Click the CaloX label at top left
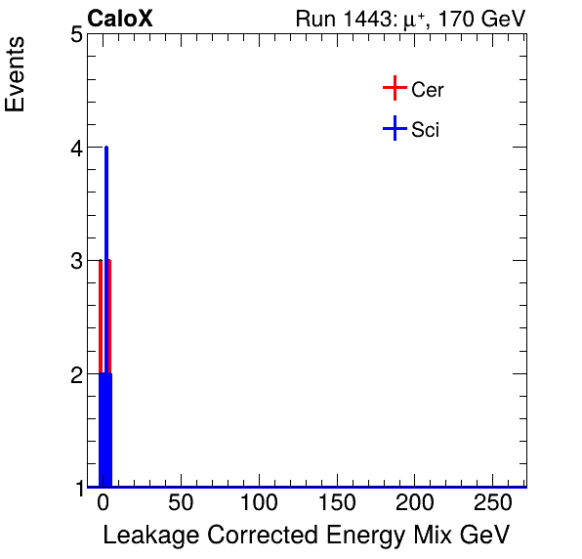point(120,19)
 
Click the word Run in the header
point(315,19)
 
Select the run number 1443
point(369,19)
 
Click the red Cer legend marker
point(394,89)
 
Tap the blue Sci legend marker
point(394,128)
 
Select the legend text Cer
point(428,90)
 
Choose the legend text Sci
point(426,129)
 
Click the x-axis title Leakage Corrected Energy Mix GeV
point(306,536)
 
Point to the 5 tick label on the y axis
point(75,35)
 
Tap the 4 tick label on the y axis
point(75,149)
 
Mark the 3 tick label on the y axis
point(75,261)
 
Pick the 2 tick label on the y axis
point(75,374)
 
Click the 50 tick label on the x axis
point(181,504)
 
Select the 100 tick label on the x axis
point(259,504)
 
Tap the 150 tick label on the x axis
point(338,504)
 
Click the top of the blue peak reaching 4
point(105,149)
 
